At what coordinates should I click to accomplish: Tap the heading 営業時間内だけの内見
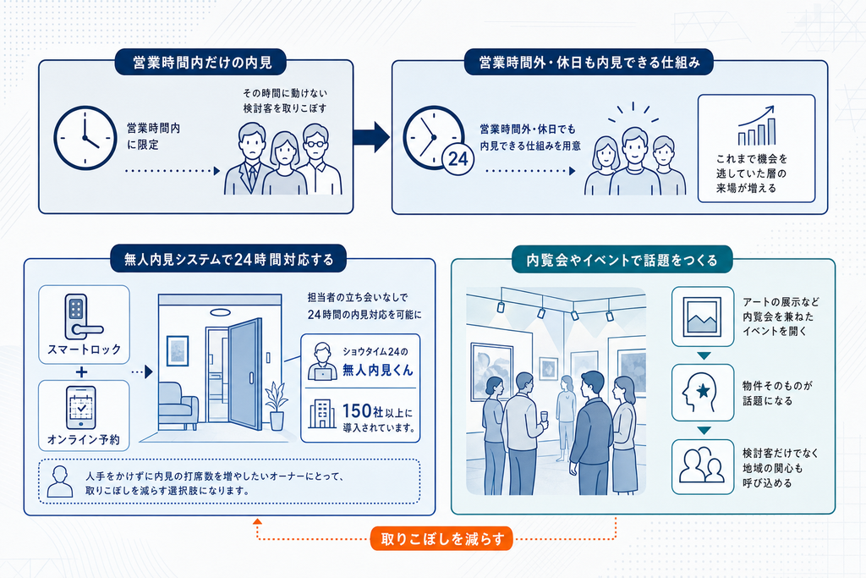click(201, 63)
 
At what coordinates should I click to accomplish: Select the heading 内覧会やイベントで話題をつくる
click(622, 260)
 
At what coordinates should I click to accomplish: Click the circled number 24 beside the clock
click(458, 159)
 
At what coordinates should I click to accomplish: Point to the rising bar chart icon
click(757, 125)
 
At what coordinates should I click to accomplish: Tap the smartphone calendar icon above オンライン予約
click(81, 408)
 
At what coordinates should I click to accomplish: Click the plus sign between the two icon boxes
click(82, 372)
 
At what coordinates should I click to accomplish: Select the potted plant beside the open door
click(277, 406)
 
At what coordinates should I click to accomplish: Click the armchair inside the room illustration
click(178, 406)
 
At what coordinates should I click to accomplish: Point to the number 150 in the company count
click(357, 411)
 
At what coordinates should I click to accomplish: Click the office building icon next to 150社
click(322, 414)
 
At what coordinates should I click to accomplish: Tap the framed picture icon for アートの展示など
click(703, 317)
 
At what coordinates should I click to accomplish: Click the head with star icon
click(699, 393)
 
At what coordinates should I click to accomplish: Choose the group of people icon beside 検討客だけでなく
click(701, 465)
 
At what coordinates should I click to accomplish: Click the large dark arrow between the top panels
click(371, 136)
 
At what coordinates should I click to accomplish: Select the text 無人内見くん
click(378, 370)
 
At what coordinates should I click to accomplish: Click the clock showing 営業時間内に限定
click(85, 138)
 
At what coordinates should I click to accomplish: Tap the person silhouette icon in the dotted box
click(60, 482)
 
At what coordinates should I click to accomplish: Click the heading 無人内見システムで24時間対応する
click(228, 259)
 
